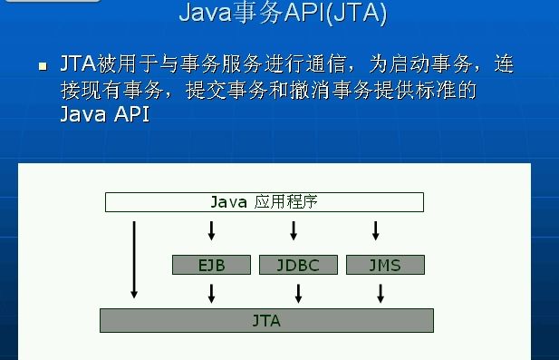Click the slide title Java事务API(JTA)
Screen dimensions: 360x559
click(284, 13)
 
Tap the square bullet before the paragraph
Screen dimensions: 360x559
click(43, 67)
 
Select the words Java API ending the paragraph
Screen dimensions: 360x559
click(104, 116)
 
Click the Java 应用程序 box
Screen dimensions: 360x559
click(264, 202)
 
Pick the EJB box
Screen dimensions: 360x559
click(211, 265)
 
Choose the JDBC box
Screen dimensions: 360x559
click(297, 265)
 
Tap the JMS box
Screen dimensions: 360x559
click(385, 265)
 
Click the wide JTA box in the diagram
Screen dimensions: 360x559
click(266, 321)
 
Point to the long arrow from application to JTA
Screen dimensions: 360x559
click(134, 258)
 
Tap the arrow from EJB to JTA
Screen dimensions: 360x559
click(211, 292)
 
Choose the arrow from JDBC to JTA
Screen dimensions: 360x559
click(298, 292)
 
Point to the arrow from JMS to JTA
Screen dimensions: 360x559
click(381, 292)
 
